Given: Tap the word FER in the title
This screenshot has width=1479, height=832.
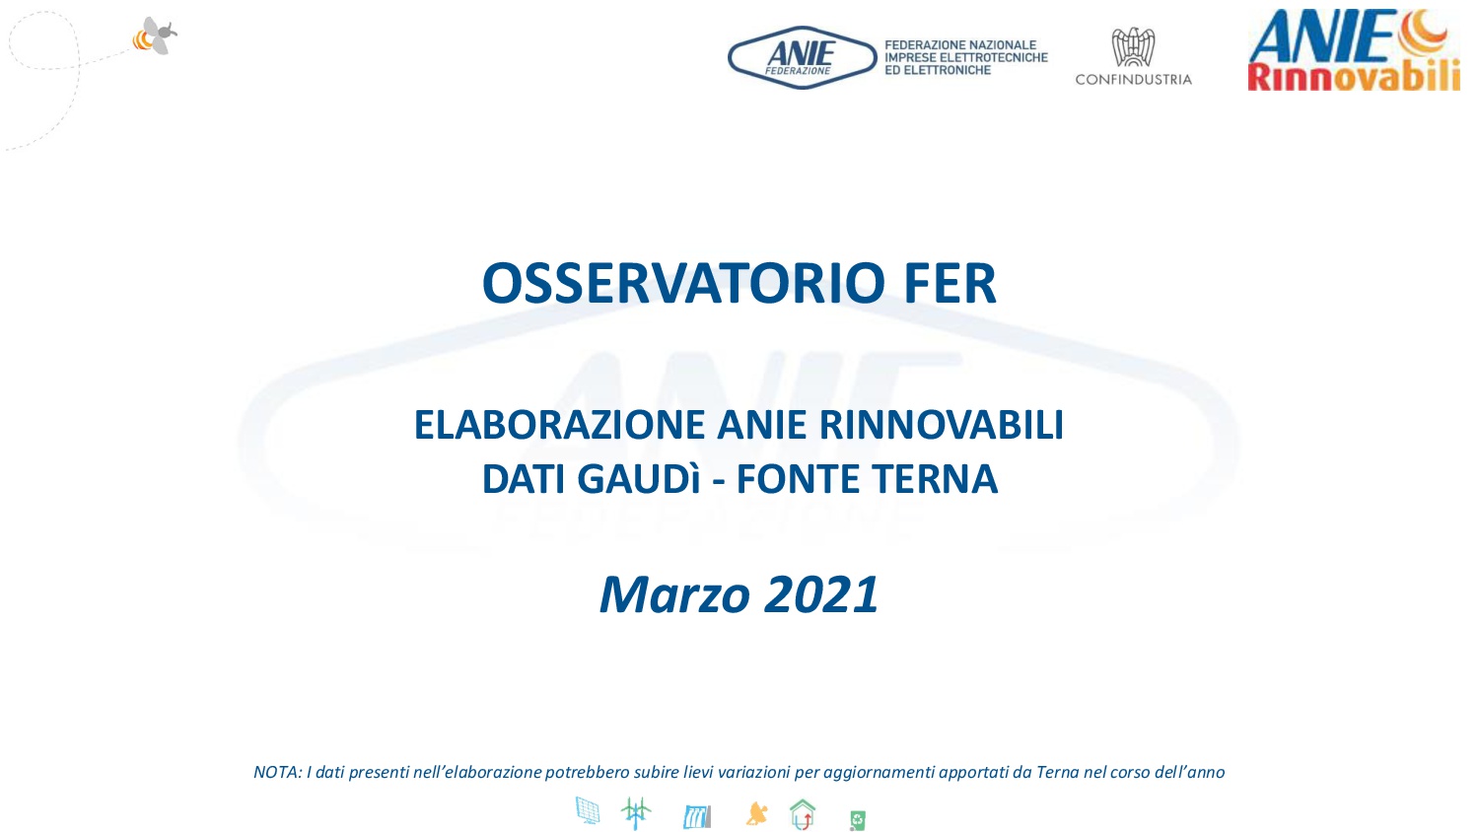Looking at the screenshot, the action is (x=951, y=283).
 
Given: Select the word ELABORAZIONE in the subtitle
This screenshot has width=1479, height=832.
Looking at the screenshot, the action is (x=559, y=425).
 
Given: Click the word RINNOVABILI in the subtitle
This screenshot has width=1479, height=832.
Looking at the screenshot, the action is (x=942, y=425).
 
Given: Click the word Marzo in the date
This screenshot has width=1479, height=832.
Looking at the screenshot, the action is (x=674, y=595).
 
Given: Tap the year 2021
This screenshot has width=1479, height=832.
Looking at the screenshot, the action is (x=821, y=594).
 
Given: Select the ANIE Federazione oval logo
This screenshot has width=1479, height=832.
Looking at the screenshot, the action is (x=803, y=58).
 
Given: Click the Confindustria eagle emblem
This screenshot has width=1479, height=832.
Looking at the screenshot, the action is (x=1133, y=47).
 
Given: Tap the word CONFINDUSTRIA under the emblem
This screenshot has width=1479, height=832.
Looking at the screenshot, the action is (x=1134, y=80).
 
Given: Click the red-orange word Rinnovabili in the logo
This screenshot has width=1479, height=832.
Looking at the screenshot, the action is (x=1354, y=76).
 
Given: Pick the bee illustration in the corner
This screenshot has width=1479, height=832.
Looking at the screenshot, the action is (x=156, y=35).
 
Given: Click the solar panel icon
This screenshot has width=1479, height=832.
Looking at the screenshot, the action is (x=588, y=811).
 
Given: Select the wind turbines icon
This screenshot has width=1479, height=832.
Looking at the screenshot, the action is (x=636, y=813).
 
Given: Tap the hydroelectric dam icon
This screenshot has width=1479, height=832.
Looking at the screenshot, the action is (x=697, y=817).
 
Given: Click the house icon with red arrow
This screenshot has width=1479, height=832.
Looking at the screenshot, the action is (x=803, y=813).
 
